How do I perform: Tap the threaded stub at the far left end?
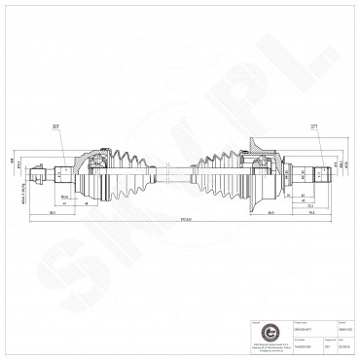click(x=36, y=176)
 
